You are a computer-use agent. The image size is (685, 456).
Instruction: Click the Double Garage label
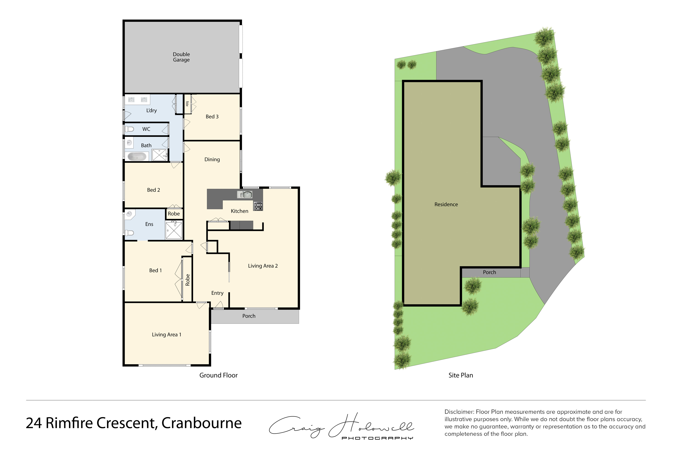(181, 57)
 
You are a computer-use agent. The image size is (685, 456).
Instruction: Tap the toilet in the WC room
(129, 129)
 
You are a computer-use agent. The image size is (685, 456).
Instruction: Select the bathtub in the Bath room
(137, 157)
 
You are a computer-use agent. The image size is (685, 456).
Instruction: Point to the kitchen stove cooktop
(258, 206)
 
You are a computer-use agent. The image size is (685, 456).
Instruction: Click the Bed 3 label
(212, 117)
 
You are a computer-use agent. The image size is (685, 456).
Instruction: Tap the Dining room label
(212, 159)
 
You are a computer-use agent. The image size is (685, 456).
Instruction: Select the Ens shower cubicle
(174, 230)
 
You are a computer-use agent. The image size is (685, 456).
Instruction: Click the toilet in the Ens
(129, 233)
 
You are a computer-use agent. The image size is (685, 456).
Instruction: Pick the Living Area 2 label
(263, 266)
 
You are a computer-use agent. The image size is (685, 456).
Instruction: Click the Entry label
(217, 293)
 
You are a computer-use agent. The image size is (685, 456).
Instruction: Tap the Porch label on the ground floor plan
(249, 316)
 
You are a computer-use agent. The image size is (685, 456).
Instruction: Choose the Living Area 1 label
(166, 335)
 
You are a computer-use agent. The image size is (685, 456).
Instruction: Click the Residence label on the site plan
(446, 204)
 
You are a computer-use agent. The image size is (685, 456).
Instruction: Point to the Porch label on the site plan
(489, 272)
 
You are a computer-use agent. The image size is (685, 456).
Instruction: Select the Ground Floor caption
(218, 375)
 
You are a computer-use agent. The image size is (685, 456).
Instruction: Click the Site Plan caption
(461, 375)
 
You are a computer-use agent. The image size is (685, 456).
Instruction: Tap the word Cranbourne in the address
(201, 423)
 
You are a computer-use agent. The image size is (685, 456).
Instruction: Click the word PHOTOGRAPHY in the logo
(377, 438)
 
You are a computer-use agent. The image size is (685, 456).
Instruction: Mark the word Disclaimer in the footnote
(459, 412)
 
